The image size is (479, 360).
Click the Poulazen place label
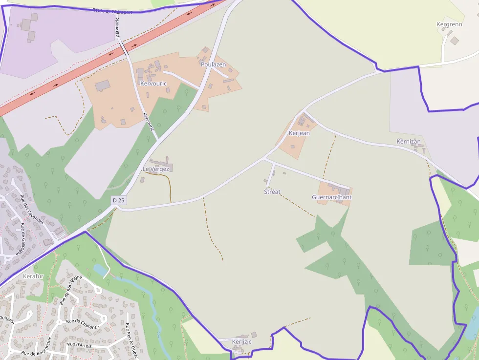click(213, 64)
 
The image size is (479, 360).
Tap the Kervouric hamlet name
click(153, 84)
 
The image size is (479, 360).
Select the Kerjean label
click(299, 133)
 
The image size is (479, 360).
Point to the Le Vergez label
click(156, 169)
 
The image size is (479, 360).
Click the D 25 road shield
click(118, 200)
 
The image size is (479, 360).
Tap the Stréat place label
click(272, 192)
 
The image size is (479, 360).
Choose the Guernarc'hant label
click(332, 197)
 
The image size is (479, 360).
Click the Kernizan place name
click(409, 142)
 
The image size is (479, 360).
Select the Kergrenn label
click(449, 24)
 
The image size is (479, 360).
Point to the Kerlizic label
click(242, 341)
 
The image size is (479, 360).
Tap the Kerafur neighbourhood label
click(33, 276)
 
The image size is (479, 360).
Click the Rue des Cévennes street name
click(32, 210)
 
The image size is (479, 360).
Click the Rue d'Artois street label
click(79, 345)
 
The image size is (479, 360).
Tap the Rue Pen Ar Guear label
click(130, 340)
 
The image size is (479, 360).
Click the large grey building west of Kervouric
click(103, 86)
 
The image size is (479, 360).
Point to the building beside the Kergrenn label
click(455, 41)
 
